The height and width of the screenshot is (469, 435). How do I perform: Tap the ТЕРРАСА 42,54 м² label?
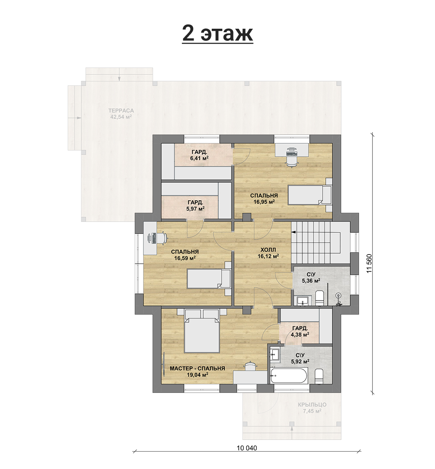point(121,114)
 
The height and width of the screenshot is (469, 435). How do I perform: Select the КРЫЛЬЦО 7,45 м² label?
point(312,408)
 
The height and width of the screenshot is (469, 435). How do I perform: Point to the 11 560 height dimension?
point(369,263)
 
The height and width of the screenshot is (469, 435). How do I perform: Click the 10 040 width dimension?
point(247,448)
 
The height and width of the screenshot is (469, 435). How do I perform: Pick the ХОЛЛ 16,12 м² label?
point(268,253)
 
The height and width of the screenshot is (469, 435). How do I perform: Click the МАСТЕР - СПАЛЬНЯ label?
point(197,368)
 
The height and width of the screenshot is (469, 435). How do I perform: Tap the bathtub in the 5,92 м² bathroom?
point(288,375)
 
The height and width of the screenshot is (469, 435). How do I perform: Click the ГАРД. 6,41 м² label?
point(199,155)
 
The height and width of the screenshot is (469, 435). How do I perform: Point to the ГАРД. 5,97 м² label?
point(195,205)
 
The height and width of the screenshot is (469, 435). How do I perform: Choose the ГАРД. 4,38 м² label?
point(300,331)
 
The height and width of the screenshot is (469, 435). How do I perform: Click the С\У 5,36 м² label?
point(311,277)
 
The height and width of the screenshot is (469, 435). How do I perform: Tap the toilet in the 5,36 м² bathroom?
point(319,298)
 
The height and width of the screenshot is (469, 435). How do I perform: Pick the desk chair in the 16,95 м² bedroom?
point(291,161)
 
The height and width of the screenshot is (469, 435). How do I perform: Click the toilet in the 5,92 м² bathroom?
point(319,376)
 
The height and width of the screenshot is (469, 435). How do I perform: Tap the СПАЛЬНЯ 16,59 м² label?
point(185,255)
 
